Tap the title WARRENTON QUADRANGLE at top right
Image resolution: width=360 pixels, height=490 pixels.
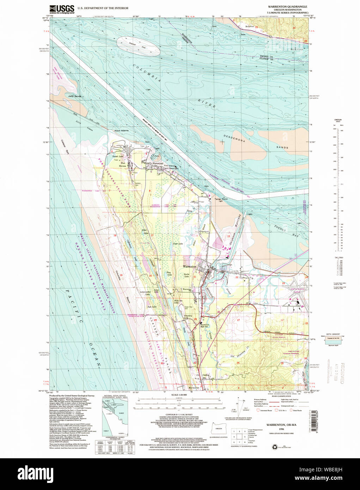(287, 7)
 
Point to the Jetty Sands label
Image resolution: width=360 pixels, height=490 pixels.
(74, 96)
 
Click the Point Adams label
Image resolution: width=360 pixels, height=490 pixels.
(121, 131)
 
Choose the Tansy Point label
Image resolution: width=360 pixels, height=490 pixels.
(221, 199)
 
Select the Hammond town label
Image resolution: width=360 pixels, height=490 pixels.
(158, 164)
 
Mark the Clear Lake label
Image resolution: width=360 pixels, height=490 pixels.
(178, 244)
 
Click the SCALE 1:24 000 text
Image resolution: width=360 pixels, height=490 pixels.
(179, 395)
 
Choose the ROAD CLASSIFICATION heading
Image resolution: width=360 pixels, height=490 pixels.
(281, 396)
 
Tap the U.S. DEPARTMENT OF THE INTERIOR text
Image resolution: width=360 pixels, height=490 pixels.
(103, 8)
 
